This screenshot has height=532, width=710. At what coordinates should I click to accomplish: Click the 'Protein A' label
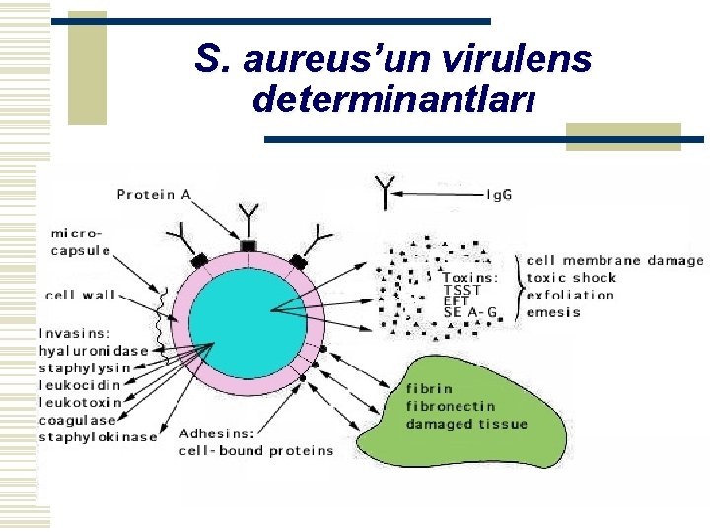click(154, 194)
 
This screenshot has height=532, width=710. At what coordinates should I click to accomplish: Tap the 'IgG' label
click(499, 194)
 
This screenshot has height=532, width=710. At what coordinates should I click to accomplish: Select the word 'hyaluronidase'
click(94, 350)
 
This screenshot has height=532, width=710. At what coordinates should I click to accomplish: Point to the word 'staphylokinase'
click(98, 436)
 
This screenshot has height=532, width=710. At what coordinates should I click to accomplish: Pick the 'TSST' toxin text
click(462, 290)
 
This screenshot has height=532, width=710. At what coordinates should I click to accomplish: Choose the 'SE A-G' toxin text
click(470, 312)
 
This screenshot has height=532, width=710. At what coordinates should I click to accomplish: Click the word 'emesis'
click(553, 312)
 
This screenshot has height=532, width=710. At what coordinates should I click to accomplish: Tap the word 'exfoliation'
click(570, 295)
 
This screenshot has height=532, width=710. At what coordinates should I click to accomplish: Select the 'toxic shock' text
click(572, 278)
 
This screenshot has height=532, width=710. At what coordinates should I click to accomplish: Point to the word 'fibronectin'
click(450, 406)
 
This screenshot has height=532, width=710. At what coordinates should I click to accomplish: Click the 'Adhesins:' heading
click(217, 432)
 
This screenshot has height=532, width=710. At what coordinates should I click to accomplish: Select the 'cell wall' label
click(80, 295)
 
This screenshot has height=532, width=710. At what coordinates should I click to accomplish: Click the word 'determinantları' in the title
click(394, 99)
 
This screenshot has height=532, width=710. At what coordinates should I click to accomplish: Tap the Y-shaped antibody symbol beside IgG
click(386, 191)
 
